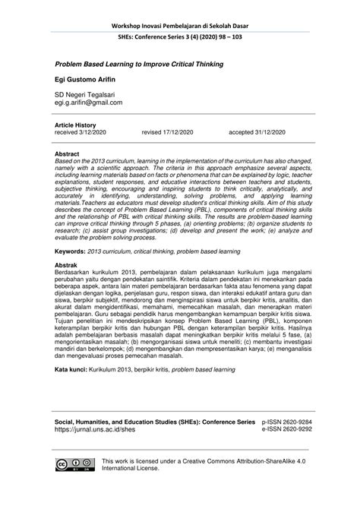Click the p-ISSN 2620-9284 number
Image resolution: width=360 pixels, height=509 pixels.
pos(286,419)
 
